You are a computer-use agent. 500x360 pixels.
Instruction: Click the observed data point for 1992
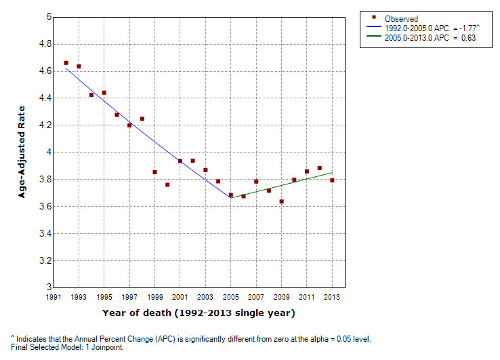[66, 63]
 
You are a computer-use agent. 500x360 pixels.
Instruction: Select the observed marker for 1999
[154, 172]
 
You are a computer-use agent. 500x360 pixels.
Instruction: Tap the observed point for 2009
[281, 201]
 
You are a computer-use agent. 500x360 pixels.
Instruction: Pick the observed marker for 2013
[332, 180]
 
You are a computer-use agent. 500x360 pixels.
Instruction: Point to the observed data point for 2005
[231, 195]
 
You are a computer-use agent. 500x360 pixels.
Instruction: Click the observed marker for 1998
[142, 119]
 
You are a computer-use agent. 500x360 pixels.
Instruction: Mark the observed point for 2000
[167, 184]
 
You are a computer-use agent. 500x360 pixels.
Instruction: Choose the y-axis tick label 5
[48, 17]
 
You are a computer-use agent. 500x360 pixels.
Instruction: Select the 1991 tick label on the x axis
[54, 298]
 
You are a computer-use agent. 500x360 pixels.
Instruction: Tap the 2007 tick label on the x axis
[256, 298]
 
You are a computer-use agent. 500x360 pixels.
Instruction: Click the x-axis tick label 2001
[180, 298]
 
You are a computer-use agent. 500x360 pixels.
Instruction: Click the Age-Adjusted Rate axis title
[22, 153]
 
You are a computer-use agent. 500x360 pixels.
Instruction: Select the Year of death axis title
[199, 313]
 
